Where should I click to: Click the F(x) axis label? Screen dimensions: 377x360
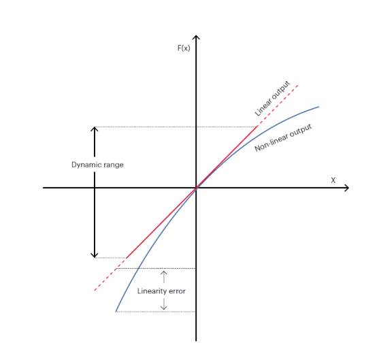click(184, 48)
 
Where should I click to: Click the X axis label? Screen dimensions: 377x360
click(333, 180)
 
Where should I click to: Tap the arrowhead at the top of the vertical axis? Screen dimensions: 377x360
click(196, 37)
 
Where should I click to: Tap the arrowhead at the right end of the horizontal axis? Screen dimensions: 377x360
click(346, 188)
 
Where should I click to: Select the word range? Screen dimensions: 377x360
click(114, 165)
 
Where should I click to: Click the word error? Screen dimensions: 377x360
click(177, 291)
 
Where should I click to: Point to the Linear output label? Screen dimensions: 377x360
click(272, 99)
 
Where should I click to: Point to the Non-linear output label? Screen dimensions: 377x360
click(283, 137)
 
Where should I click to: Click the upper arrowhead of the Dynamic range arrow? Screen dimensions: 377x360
click(95, 129)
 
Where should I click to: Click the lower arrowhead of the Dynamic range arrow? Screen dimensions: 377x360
click(95, 255)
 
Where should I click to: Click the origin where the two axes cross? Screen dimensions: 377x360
click(196, 188)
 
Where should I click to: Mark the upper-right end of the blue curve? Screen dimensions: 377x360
click(318, 107)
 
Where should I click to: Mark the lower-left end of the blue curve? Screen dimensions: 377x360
click(116, 312)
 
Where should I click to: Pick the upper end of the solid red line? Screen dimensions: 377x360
click(257, 127)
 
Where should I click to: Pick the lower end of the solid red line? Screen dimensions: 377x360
click(126, 258)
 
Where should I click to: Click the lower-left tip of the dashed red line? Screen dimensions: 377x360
click(95, 291)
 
